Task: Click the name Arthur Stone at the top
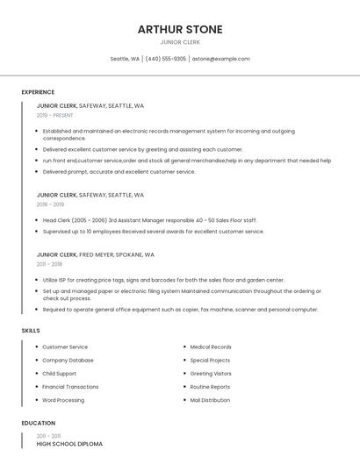(x=180, y=29)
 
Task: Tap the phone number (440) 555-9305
(x=166, y=59)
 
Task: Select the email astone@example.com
(x=220, y=59)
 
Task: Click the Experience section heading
(x=38, y=92)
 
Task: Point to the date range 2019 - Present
(x=55, y=115)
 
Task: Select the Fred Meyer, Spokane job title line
(x=96, y=254)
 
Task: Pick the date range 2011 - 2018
(x=49, y=264)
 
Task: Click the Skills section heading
(x=31, y=331)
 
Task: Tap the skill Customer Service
(x=65, y=347)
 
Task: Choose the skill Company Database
(x=68, y=361)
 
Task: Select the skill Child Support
(x=60, y=374)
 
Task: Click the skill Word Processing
(x=63, y=400)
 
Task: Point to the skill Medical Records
(x=211, y=347)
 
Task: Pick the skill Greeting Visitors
(x=211, y=374)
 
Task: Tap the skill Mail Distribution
(x=210, y=400)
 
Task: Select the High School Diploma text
(x=69, y=444)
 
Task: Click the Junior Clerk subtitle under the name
(x=180, y=42)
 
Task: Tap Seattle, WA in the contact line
(x=125, y=59)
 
